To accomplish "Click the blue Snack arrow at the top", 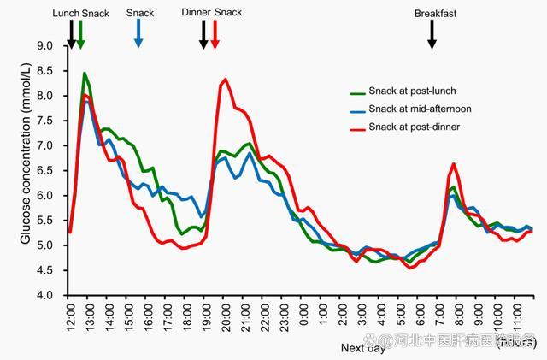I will coord(139,33).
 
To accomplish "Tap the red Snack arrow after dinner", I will coord(215,33).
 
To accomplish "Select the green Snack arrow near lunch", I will coord(80,33).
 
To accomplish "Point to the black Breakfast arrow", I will coord(432,33).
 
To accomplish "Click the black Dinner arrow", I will coord(203,33).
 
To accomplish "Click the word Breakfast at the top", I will coord(436,14).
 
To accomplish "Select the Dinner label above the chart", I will coord(197,13).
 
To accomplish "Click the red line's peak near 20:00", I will coord(225,80).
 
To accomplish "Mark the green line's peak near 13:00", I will coord(85,74).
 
